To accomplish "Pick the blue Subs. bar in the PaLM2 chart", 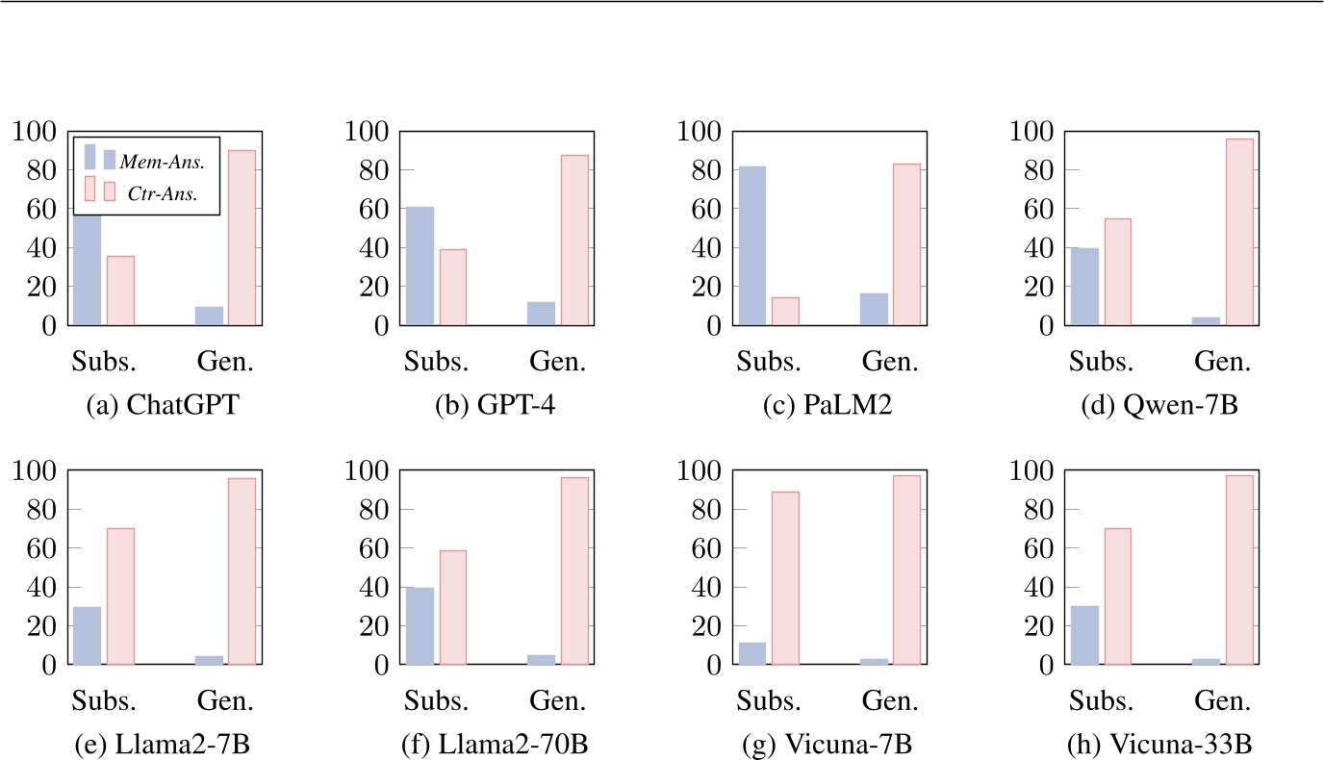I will (752, 246).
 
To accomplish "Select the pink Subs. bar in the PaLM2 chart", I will (785, 312).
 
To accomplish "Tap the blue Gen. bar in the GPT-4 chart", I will (542, 314).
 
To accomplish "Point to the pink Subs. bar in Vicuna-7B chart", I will (785, 578).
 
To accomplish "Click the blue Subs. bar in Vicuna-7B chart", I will (752, 653).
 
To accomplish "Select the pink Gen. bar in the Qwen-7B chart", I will (1240, 232).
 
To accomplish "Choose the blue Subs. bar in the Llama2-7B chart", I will (88, 635).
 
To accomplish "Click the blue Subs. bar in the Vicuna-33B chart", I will (1084, 635).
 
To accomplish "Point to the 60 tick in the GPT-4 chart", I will (369, 209).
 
